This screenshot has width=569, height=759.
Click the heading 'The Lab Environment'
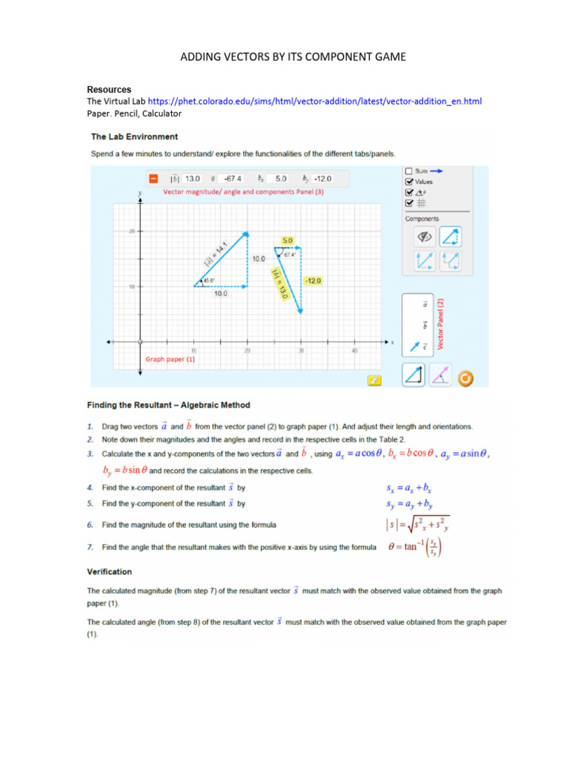tap(134, 136)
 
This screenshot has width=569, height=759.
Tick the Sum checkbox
tap(409, 170)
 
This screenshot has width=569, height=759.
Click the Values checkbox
tap(409, 181)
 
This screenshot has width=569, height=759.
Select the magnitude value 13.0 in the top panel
tap(193, 179)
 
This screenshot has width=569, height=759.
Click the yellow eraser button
tap(375, 380)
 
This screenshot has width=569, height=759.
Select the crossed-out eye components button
tap(425, 237)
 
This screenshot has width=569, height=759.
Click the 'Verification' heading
tap(110, 571)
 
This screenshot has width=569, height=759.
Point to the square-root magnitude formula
tap(417, 525)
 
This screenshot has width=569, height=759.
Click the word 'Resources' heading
tap(109, 90)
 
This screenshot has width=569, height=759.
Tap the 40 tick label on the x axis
tap(354, 351)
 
